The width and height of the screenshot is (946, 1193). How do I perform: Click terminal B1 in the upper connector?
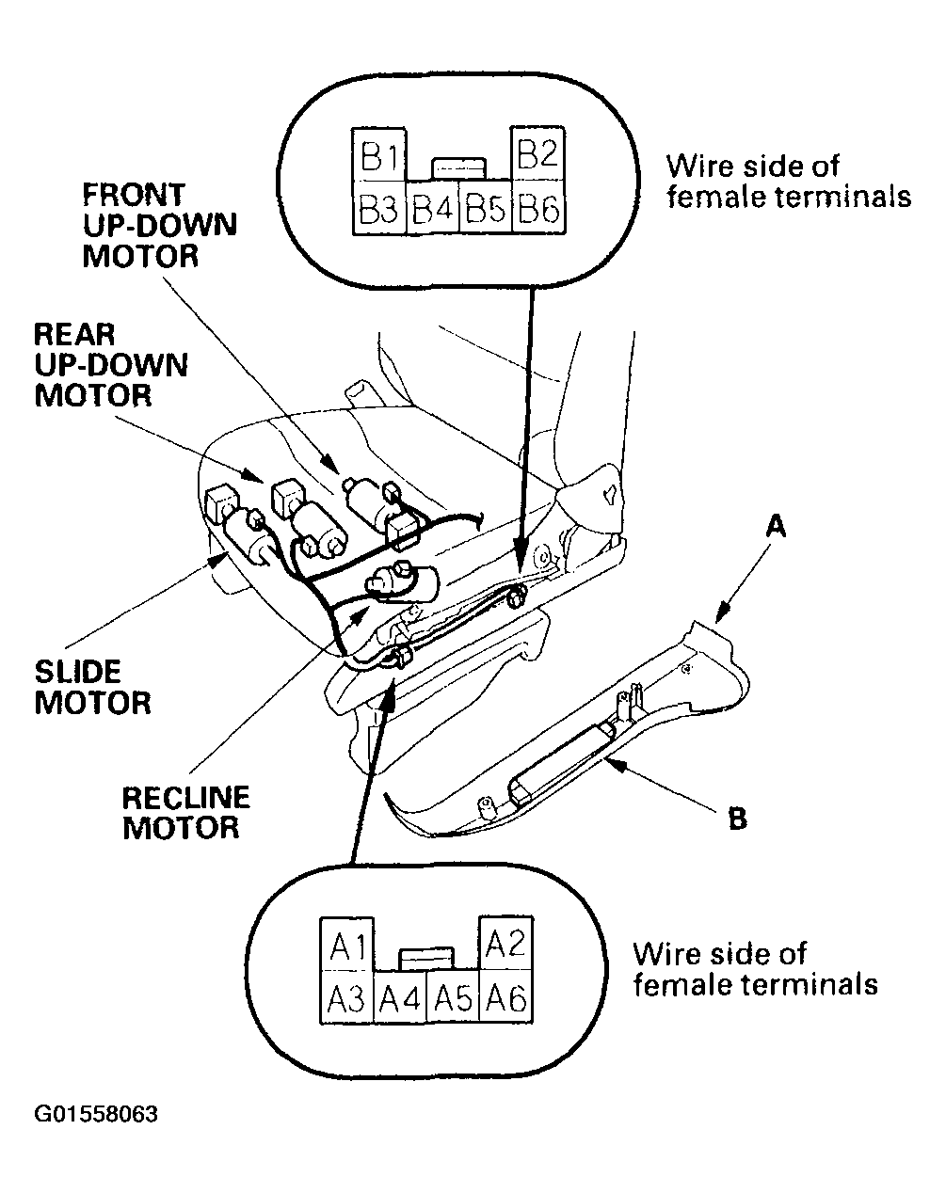pos(379,154)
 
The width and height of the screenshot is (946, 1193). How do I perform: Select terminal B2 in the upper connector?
pos(537,152)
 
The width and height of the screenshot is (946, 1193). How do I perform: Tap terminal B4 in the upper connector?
pos(433,207)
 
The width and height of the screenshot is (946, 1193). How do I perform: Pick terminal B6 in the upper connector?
pos(538,206)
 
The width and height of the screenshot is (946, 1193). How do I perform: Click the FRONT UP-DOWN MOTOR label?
pos(160,225)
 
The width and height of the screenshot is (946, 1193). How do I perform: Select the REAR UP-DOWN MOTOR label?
pos(111,365)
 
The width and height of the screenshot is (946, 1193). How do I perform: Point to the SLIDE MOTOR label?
pos(92,688)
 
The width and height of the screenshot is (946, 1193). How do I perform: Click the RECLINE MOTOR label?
pos(185,813)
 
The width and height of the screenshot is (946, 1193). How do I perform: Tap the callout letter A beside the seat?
pos(776,526)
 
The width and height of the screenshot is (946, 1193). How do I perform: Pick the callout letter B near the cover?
pos(737,819)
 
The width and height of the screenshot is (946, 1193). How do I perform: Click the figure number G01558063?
pos(96,1114)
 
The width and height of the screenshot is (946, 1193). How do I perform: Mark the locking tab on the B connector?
pos(458,168)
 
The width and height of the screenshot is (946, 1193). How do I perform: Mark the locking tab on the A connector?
pos(426,959)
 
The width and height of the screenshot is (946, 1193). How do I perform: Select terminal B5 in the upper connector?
pos(486,207)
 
